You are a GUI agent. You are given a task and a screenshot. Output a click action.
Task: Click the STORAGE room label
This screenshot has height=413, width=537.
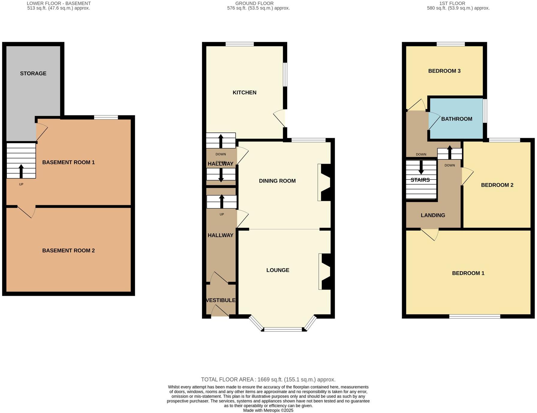pyautogui.click(x=33, y=73)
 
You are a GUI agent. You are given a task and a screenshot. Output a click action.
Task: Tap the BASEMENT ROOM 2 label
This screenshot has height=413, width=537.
pyautogui.click(x=68, y=251)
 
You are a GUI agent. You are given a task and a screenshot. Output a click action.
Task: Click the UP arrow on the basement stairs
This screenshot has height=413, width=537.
pyautogui.click(x=21, y=171)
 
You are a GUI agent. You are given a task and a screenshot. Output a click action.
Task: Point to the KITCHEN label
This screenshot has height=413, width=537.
pyautogui.click(x=244, y=93)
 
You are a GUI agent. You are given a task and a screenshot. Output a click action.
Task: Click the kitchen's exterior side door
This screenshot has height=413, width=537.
pyautogui.click(x=279, y=118)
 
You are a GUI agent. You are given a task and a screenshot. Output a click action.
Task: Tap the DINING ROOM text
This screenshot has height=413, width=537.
pyautogui.click(x=277, y=181)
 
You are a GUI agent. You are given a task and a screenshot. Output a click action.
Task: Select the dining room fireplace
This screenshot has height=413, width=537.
pyautogui.click(x=325, y=182)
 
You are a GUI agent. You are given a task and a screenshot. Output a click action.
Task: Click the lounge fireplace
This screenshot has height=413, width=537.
pyautogui.click(x=325, y=272)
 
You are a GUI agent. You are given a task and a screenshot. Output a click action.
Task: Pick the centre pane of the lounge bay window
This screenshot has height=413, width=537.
pyautogui.click(x=283, y=329)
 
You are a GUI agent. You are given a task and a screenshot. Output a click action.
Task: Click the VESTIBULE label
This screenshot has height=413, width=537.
pyautogui.click(x=220, y=300)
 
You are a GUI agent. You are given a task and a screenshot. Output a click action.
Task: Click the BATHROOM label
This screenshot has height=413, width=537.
pyautogui.click(x=456, y=119)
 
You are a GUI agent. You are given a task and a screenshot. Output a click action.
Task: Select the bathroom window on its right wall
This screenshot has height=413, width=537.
pyautogui.click(x=485, y=111)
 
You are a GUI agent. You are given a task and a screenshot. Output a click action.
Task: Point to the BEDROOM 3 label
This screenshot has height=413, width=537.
pyautogui.click(x=444, y=71)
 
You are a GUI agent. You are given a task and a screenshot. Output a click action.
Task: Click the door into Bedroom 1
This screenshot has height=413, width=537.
pyautogui.click(x=430, y=234)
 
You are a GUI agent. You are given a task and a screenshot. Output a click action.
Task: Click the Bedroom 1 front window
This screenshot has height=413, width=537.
pyautogui.click(x=474, y=316)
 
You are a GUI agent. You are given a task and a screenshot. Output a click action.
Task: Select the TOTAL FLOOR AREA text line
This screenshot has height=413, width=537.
pyautogui.click(x=268, y=379)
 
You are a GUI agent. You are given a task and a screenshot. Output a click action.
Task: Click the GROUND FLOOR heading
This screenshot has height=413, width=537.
pyautogui.click(x=254, y=3)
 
